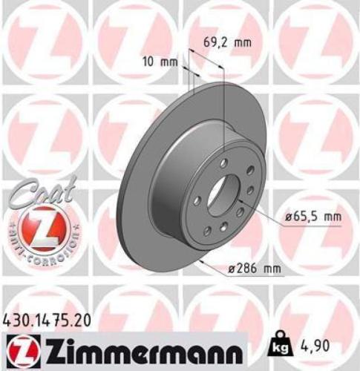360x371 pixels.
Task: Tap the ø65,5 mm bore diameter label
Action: (x=312, y=217)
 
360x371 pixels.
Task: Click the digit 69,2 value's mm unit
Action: (x=243, y=42)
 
